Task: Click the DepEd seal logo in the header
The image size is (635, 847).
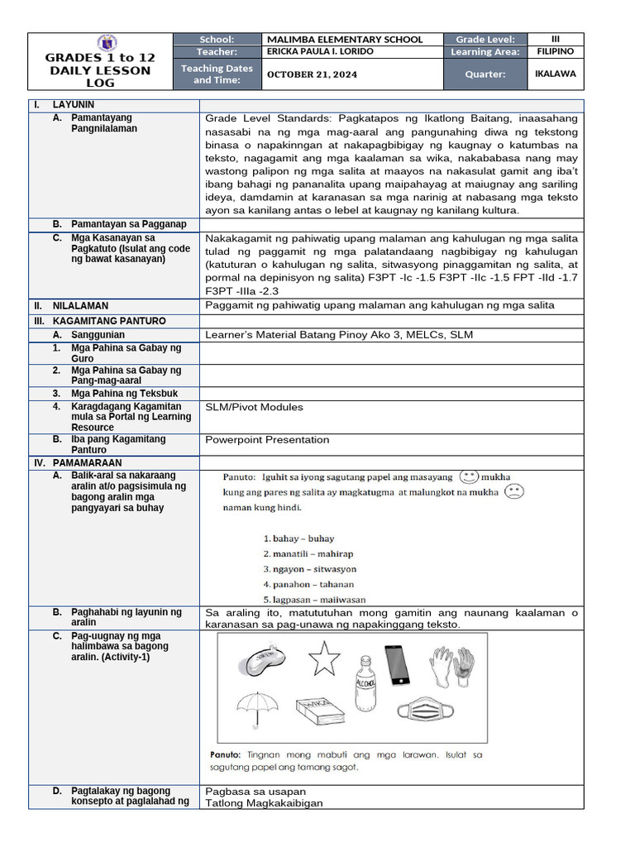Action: point(107,42)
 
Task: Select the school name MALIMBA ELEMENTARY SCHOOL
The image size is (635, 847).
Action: point(344,39)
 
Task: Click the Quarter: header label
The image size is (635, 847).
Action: point(485,74)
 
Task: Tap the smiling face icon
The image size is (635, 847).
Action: point(469,477)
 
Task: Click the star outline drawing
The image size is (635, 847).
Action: point(323,659)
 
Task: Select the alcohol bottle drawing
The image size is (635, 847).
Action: point(365,671)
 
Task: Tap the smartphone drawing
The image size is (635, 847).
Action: point(398,664)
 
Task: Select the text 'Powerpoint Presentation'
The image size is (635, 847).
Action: point(267,440)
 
